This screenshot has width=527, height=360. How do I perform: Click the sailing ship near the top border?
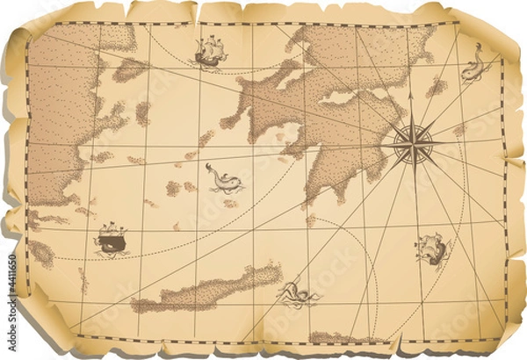(210, 53)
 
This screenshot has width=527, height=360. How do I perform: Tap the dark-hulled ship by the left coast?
(111, 238)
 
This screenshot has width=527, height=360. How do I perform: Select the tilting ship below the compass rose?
(432, 249)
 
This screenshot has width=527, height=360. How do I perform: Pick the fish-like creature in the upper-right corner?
(474, 64)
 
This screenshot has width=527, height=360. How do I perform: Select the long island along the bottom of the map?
(206, 290)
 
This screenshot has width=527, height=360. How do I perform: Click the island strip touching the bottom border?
(347, 338)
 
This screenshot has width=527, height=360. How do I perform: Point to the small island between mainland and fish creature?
(437, 87)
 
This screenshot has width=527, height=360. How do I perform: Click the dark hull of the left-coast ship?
(109, 245)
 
